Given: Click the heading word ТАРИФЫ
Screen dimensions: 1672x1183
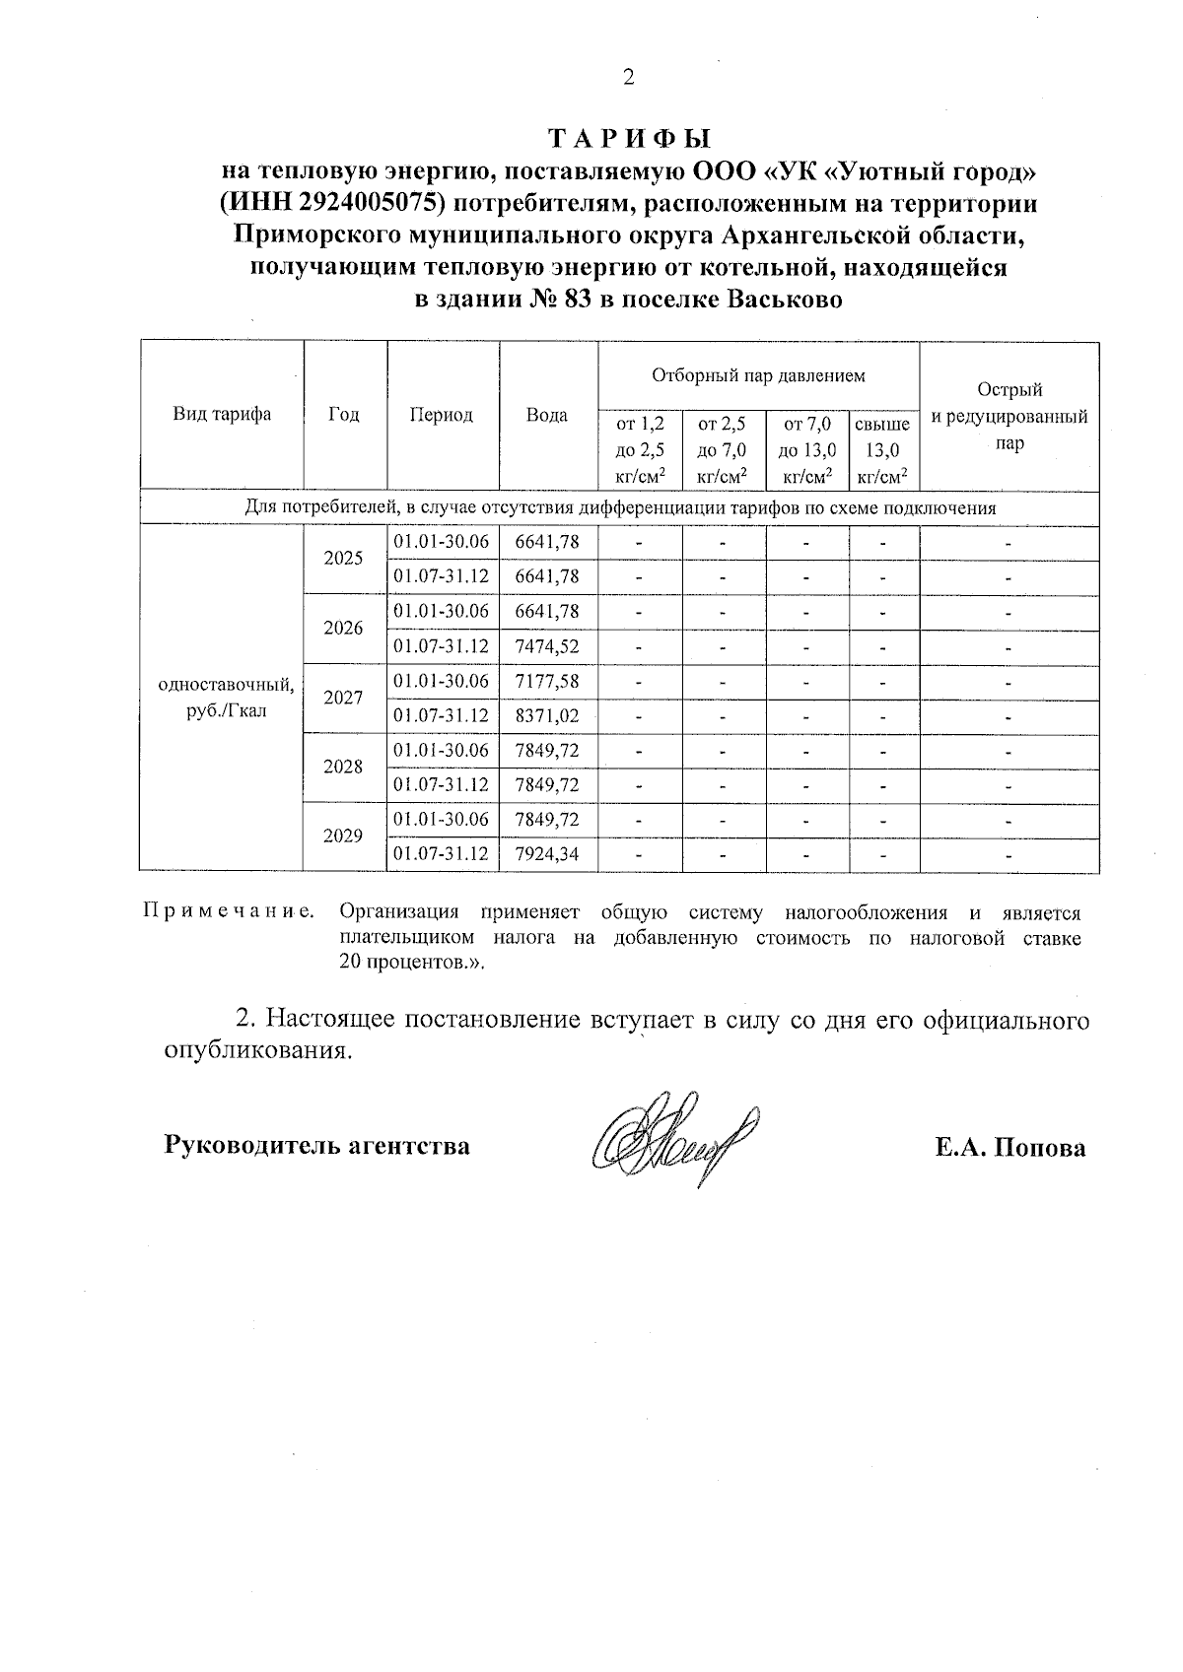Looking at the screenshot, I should (628, 138).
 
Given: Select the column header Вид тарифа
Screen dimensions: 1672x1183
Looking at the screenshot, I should (222, 415).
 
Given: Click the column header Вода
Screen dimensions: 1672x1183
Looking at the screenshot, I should (547, 415).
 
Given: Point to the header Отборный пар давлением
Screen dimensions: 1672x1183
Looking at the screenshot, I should (757, 375).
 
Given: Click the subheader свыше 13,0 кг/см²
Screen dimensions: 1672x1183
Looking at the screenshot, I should (882, 450).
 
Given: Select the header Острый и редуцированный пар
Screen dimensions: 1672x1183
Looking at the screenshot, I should (1009, 416).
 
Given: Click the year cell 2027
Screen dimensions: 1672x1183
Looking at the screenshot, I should (343, 698).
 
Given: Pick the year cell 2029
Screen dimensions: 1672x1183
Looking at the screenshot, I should (343, 836).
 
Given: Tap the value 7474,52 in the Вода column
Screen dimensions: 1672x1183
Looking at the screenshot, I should (547, 646).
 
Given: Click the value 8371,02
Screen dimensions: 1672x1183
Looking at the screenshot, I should (547, 716).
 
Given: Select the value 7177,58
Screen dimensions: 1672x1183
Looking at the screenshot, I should (547, 681).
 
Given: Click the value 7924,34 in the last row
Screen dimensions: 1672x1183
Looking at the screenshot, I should (547, 854).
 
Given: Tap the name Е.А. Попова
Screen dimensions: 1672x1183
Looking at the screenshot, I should (1009, 1147).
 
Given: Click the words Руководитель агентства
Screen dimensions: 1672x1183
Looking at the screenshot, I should (315, 1146).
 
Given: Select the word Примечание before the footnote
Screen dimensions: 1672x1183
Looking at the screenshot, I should (229, 913).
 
